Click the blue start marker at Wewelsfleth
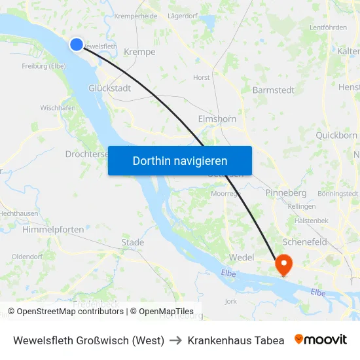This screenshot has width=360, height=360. pos(77,44)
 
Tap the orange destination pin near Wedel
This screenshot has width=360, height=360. pos(284,264)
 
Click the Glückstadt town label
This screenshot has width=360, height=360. pos(110,88)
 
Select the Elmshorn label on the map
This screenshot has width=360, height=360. pos(217,119)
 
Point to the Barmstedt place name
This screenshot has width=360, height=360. pos(273,90)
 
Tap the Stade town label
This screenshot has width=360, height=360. pos(132,242)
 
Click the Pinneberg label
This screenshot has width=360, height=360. pos(286,193)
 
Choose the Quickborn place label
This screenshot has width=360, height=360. pos(336,135)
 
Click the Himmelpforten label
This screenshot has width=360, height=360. pos(53,229)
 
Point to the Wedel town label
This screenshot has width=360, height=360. pos(242,257)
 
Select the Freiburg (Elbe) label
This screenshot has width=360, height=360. pos(43,65)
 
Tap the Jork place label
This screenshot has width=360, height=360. pos(230,301)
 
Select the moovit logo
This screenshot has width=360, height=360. pos(321,340)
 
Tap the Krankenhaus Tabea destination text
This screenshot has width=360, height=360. pos(236,340)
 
